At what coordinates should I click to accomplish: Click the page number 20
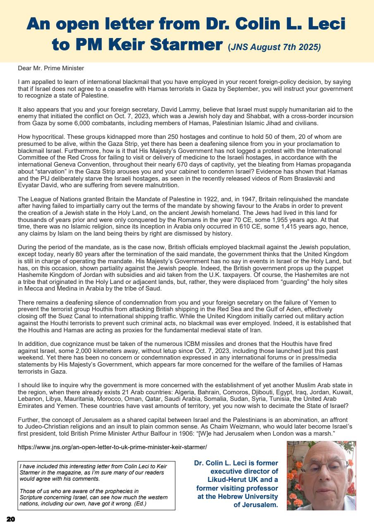(10, 519)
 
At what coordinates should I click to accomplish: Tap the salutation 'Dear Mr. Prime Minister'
(51, 68)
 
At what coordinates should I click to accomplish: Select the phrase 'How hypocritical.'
(41, 136)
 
